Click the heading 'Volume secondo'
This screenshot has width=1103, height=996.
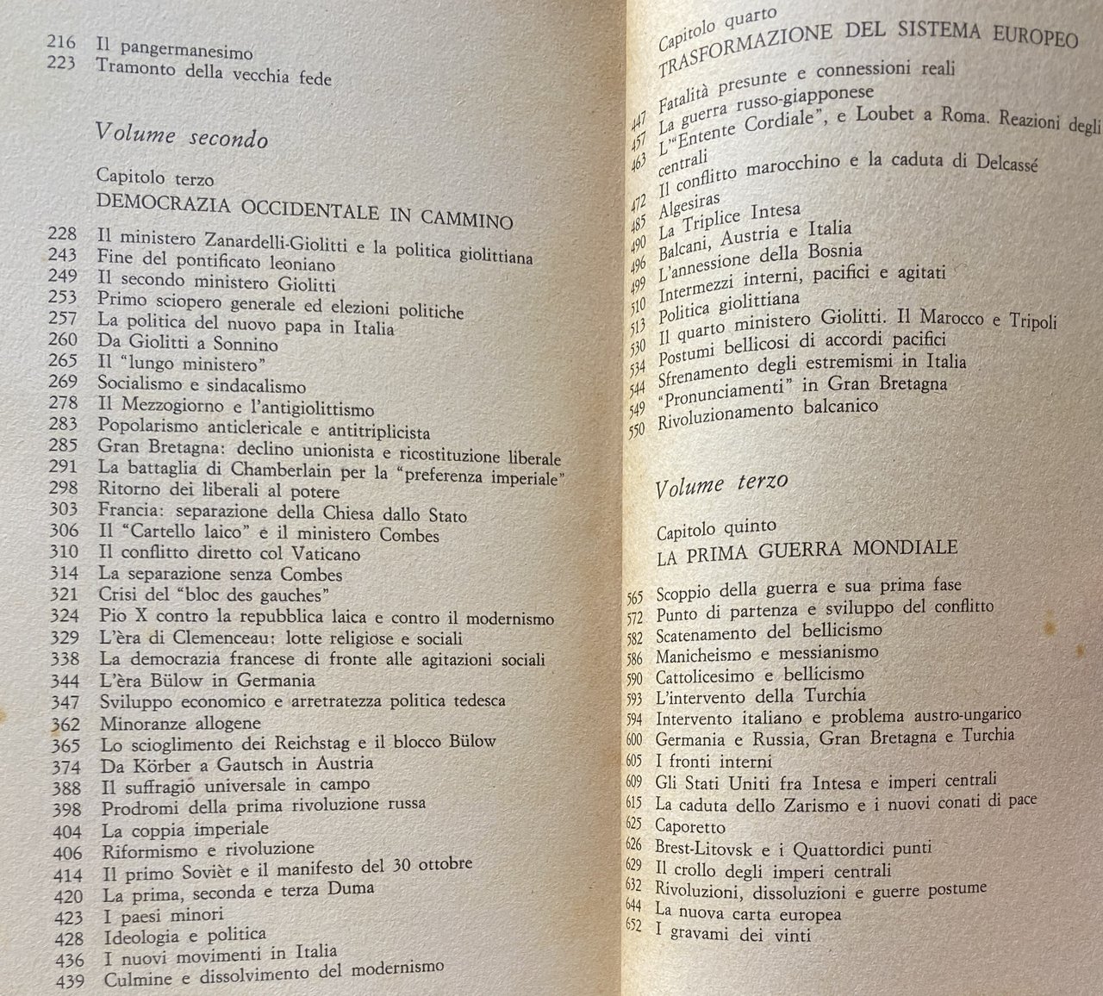pos(181,136)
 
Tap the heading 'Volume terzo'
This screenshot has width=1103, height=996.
pos(721,486)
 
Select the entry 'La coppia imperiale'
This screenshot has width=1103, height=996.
pos(184,829)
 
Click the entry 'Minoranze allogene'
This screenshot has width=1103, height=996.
pos(179,722)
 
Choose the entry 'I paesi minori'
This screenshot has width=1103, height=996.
pos(162,914)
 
